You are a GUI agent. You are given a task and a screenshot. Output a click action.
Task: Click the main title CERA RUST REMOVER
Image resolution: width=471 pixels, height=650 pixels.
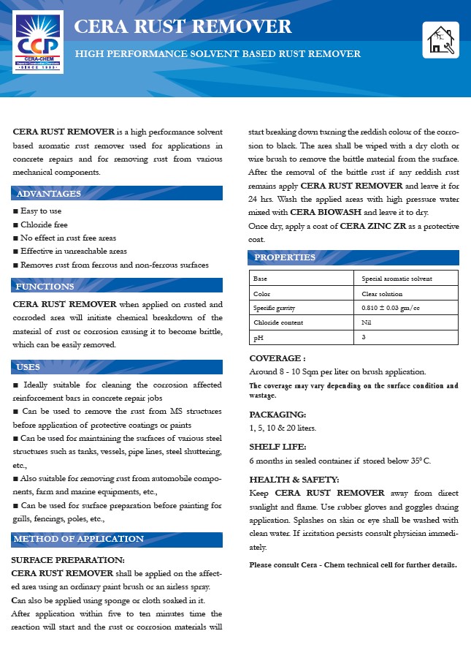click(x=183, y=27)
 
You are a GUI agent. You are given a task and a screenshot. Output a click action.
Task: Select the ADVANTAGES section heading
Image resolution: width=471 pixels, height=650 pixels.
click(x=49, y=194)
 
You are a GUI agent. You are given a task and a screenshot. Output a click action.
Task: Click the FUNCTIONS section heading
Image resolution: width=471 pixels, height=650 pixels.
click(x=45, y=287)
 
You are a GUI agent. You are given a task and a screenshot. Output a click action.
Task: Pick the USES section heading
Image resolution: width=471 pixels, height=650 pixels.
click(x=28, y=367)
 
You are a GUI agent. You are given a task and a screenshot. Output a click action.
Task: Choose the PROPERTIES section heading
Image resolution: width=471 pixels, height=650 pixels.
click(x=285, y=257)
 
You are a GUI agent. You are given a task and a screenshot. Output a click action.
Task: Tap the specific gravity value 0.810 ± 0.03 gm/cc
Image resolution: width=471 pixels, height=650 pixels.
click(x=391, y=308)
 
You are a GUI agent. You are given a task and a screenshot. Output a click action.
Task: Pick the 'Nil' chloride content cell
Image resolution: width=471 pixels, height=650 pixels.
click(x=367, y=322)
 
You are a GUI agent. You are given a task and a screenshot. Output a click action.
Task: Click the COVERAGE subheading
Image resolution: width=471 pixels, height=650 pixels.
click(x=277, y=358)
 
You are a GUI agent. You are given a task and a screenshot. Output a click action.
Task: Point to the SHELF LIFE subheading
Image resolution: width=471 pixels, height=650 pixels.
click(x=278, y=446)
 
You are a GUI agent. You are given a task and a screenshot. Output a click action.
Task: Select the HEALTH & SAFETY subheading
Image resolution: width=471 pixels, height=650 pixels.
click(x=294, y=479)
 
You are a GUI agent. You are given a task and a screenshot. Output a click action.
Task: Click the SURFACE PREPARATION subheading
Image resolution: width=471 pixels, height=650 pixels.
click(x=69, y=559)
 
